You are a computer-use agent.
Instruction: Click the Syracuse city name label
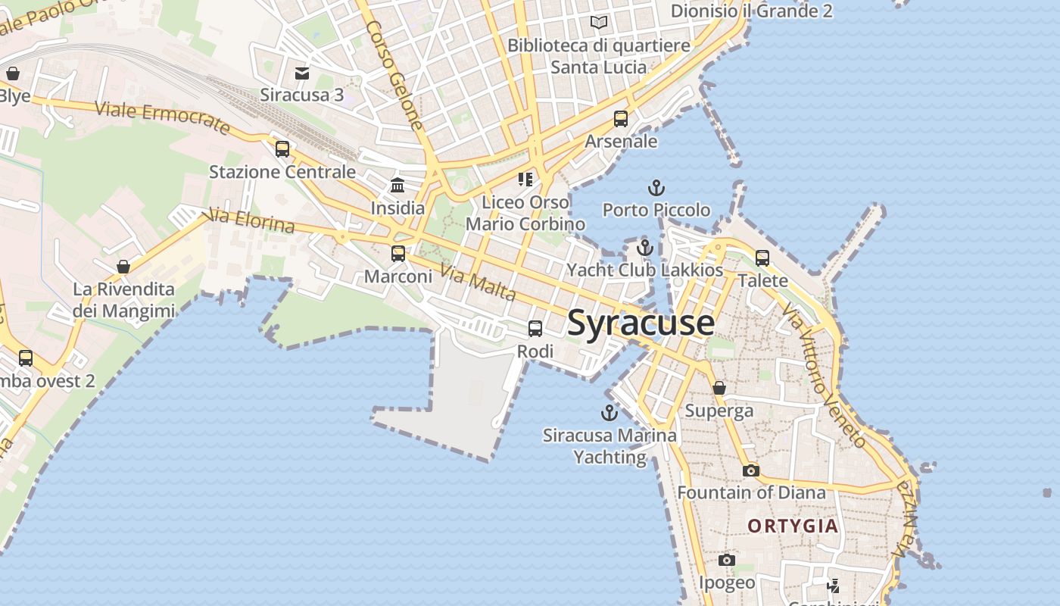[641, 323]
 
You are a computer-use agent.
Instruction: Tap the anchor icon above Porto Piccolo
[656, 187]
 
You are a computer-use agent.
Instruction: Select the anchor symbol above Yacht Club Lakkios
[644, 248]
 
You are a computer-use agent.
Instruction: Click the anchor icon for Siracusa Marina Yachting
[609, 413]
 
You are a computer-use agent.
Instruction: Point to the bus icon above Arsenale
[621, 119]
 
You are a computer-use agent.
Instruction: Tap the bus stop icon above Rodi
[535, 329]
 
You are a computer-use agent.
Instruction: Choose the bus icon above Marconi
[398, 254]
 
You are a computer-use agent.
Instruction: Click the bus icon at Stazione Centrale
[282, 149]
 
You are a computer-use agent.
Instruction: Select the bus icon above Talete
[762, 258]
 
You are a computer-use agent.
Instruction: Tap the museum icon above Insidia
[397, 185]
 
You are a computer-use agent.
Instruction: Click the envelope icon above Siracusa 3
[302, 73]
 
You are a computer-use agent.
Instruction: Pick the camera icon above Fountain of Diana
[750, 470]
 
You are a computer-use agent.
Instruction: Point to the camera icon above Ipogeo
[727, 560]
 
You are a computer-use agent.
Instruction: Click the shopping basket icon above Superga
[719, 388]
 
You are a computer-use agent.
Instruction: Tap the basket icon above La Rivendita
[123, 267]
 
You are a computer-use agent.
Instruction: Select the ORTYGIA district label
[793, 526]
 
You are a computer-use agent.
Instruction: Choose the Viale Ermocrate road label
[163, 117]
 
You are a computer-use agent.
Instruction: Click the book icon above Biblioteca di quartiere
[599, 22]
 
